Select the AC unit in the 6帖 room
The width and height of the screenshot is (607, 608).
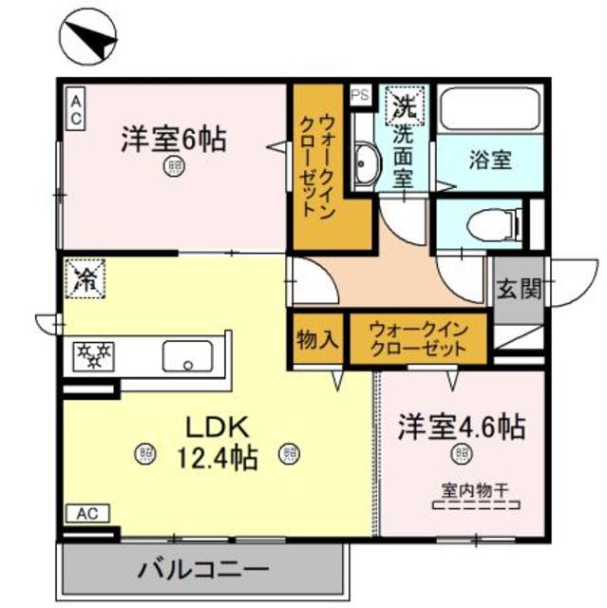[75, 108]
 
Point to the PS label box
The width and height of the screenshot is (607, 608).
[360, 95]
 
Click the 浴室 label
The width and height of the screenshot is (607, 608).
[489, 160]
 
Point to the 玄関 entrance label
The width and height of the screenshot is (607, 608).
[519, 288]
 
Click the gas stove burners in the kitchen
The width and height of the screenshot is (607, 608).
[93, 356]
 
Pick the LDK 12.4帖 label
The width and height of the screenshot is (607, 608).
[217, 443]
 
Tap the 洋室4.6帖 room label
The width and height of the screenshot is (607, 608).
[461, 426]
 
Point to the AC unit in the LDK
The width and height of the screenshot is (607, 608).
[87, 514]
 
